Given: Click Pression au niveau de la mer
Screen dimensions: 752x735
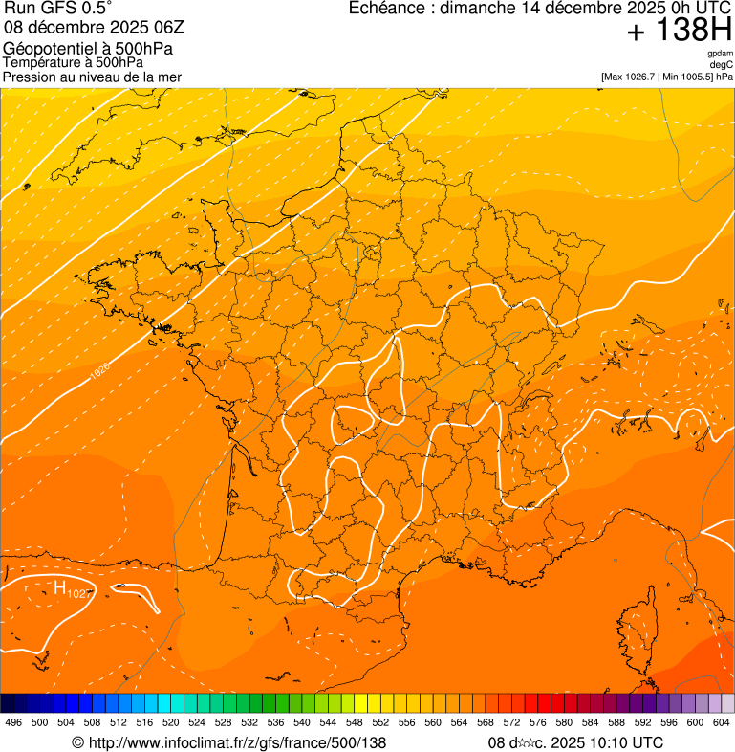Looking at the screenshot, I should (92, 77).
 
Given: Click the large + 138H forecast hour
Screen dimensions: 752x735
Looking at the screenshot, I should (680, 31).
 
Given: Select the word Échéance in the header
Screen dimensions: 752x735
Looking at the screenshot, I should (388, 9).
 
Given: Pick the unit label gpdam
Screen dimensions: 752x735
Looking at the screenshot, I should (720, 54).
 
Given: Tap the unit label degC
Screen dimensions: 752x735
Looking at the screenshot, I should (722, 64).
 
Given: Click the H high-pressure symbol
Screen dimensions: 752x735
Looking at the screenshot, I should (59, 587).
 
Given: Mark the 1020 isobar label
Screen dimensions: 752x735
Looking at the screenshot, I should (99, 370).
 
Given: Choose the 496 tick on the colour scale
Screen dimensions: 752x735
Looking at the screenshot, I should (13, 722).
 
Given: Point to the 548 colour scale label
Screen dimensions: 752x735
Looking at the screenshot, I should (355, 722).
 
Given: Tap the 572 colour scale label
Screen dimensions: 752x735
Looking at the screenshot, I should (512, 722).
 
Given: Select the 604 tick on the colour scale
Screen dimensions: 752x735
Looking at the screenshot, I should (722, 722).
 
